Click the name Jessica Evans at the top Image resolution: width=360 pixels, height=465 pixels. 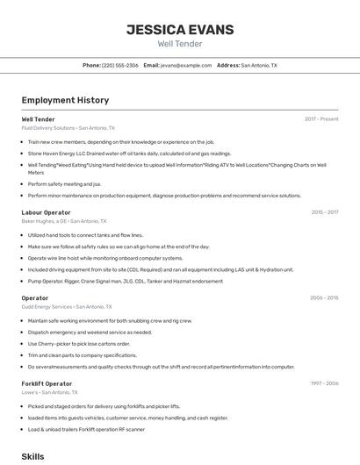point(180,30)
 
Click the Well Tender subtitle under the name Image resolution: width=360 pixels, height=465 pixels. point(180,44)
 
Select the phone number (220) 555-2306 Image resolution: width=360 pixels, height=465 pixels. point(120,65)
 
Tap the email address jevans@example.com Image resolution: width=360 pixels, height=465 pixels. point(186,65)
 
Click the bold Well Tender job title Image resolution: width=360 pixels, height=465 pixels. point(38,119)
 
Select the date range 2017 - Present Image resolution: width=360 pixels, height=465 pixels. point(321,119)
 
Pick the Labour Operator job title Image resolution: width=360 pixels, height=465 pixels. point(46,212)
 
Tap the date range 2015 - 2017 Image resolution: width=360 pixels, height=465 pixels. point(324,212)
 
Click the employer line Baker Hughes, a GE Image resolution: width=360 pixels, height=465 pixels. point(63,221)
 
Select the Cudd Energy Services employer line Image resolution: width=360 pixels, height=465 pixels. point(67,307)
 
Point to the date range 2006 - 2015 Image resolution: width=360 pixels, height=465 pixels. point(324,298)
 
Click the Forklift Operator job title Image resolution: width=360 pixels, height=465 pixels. point(47,384)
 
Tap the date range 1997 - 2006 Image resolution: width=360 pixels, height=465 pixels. point(324,384)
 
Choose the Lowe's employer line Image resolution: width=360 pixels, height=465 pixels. point(54,392)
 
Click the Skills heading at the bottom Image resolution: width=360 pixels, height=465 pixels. point(32,457)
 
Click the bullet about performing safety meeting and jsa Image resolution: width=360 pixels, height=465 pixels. point(64,184)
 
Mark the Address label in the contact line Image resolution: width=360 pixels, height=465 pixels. point(227,65)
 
